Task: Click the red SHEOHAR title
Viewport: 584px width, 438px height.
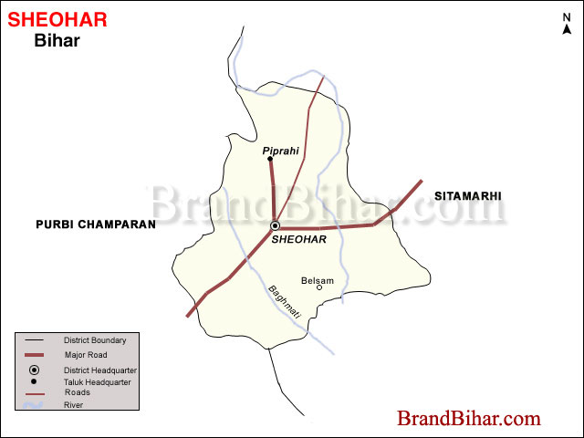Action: click(57, 19)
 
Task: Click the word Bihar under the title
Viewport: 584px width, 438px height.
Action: click(57, 40)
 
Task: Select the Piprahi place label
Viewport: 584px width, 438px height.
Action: click(280, 150)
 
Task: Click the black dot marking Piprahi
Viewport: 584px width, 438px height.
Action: click(270, 160)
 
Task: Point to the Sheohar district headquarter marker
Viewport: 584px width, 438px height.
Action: click(275, 225)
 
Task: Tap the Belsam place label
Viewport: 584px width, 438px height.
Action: click(318, 280)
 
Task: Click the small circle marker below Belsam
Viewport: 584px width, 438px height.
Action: click(319, 288)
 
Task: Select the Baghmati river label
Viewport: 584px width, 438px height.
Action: click(284, 302)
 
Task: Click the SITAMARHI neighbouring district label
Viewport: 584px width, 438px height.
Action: click(468, 196)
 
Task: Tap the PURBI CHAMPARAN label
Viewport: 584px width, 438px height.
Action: click(96, 224)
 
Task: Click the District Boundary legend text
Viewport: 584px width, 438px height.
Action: click(95, 340)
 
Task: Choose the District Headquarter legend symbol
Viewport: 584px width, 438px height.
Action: click(34, 370)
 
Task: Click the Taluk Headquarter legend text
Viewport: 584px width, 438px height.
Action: click(97, 382)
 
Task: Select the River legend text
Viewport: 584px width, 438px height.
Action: click(74, 404)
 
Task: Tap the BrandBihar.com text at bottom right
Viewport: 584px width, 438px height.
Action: click(468, 419)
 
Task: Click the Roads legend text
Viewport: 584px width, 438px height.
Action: click(77, 392)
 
